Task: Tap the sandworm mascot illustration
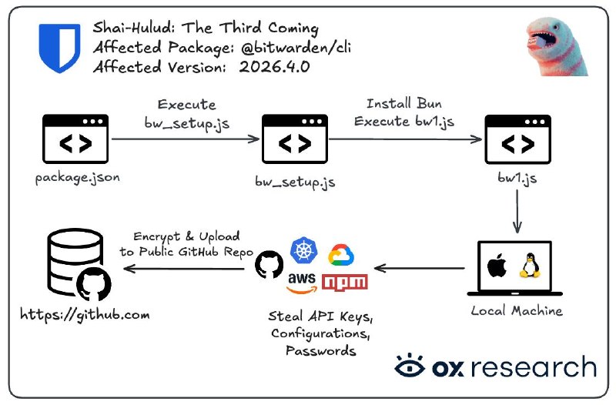[557, 48]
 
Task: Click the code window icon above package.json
[76, 141]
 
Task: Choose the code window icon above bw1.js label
[517, 141]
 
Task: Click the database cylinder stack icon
[65, 263]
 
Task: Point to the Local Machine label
[517, 311]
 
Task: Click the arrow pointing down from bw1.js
[517, 211]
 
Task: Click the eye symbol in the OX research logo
[410, 367]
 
